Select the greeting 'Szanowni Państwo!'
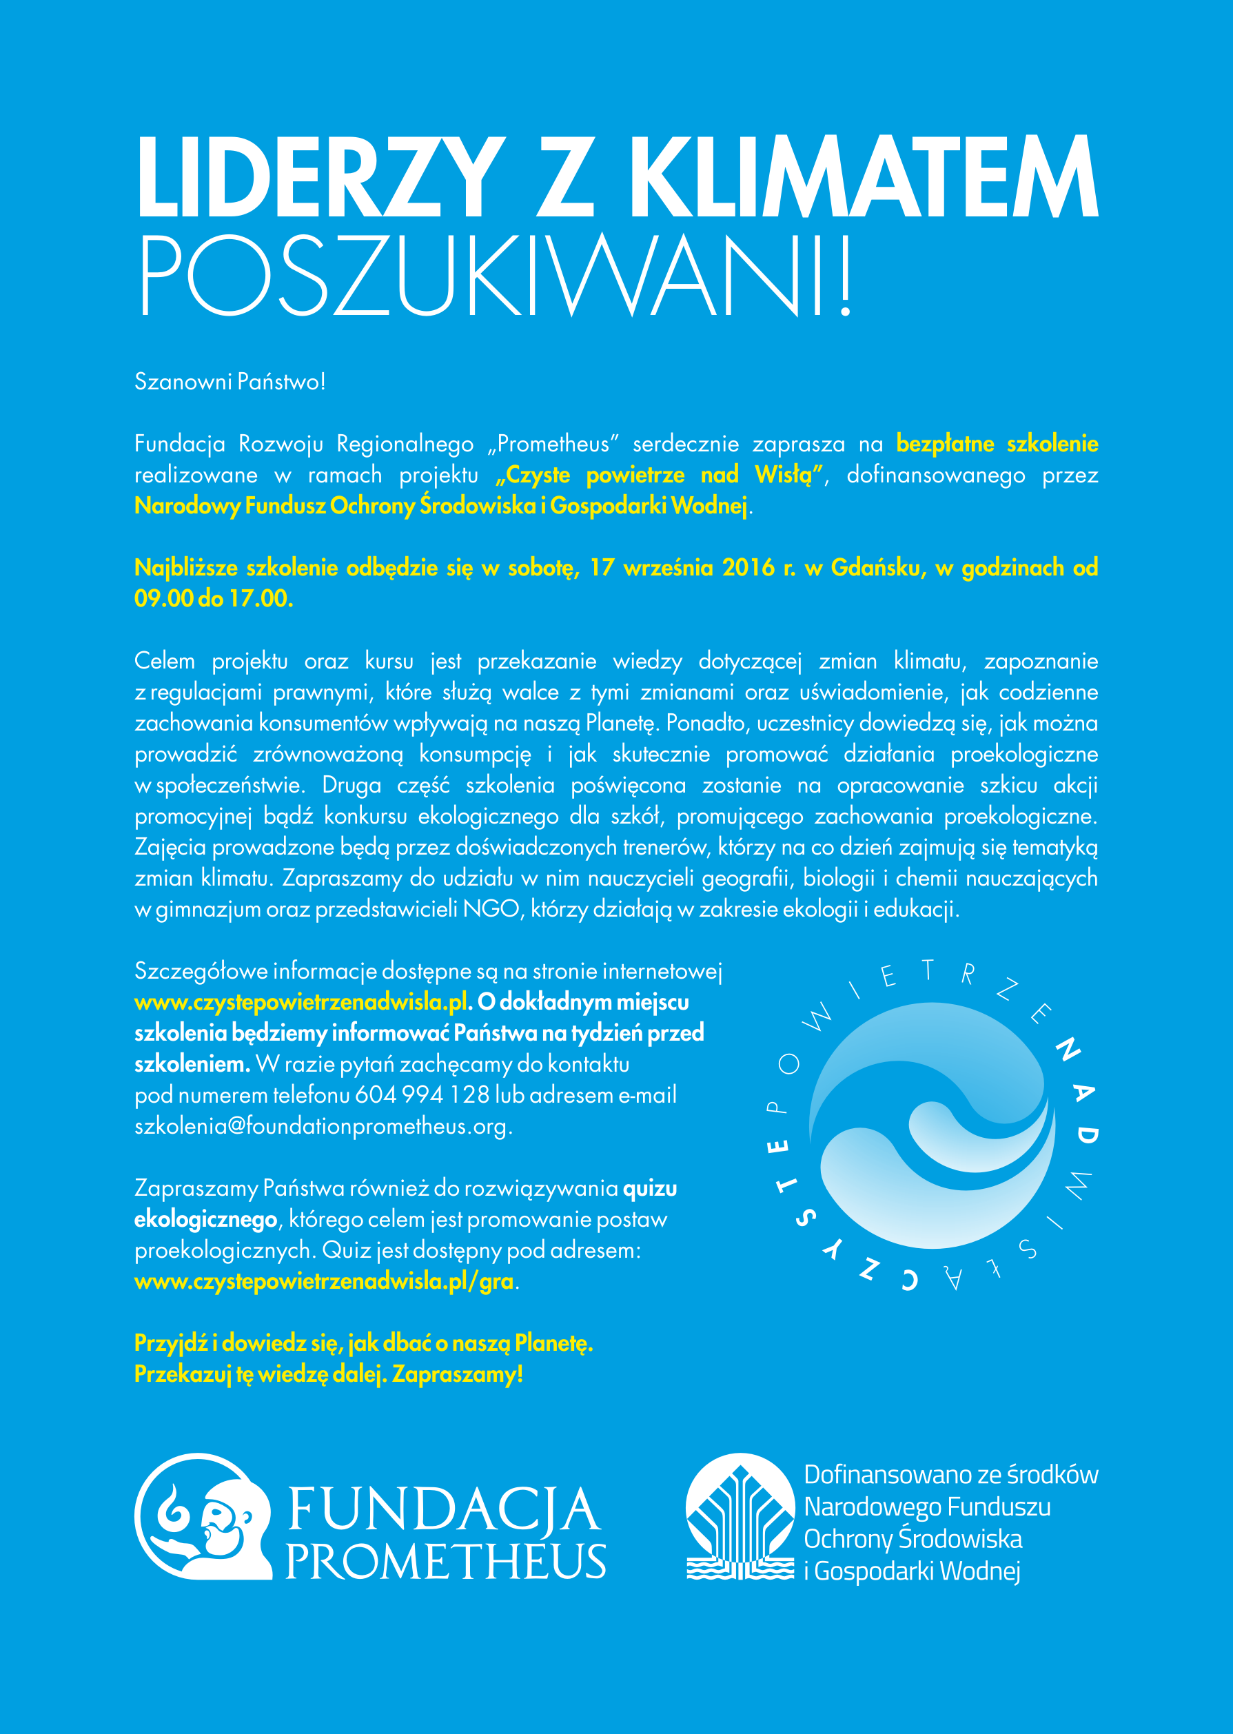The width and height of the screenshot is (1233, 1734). [230, 381]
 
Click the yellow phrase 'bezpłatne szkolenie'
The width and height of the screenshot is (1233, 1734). [997, 443]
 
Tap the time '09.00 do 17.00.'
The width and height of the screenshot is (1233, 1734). [214, 599]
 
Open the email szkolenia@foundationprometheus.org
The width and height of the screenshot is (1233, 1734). [323, 1126]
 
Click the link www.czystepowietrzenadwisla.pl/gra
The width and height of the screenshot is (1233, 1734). [324, 1281]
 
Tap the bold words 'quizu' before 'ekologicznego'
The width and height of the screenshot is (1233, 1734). [650, 1188]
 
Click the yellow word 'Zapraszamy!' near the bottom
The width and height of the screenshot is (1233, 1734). [458, 1374]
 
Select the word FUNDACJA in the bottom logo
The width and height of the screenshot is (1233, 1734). [445, 1509]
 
